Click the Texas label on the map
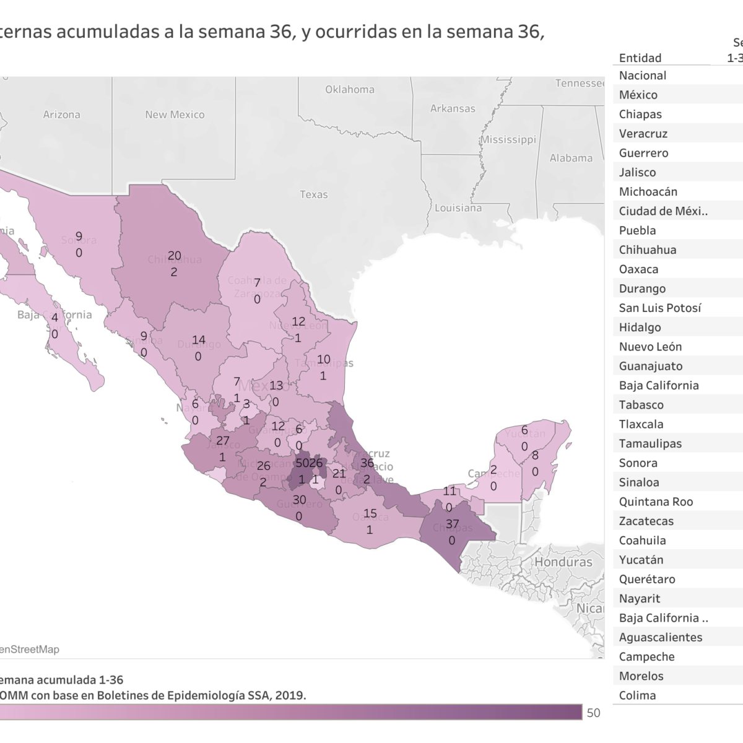click(x=313, y=194)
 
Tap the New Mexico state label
click(x=175, y=115)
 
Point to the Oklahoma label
click(x=350, y=89)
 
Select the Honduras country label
click(x=563, y=562)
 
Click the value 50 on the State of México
click(x=302, y=463)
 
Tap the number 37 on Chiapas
click(x=452, y=524)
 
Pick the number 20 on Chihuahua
click(x=175, y=256)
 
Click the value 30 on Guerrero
click(x=300, y=500)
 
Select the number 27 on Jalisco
click(x=223, y=441)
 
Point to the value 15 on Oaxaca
click(x=370, y=513)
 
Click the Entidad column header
click(x=640, y=58)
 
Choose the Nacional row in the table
click(x=643, y=76)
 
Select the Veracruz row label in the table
click(x=643, y=134)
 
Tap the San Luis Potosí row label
click(x=660, y=308)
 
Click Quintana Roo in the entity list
click(x=656, y=502)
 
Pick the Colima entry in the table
click(x=637, y=695)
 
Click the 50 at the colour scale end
click(x=593, y=713)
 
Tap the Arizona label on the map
click(x=61, y=115)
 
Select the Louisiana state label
click(x=458, y=208)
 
